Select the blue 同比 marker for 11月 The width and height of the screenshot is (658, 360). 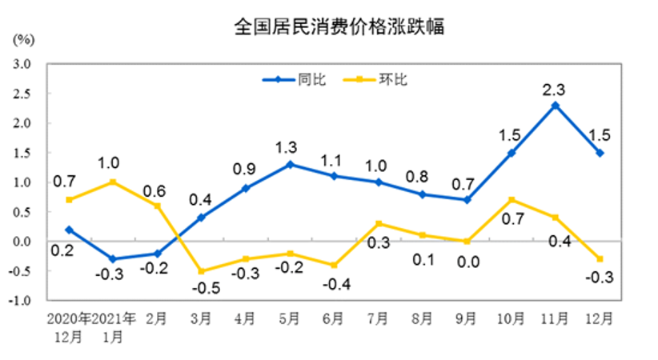pyautogui.click(x=556, y=105)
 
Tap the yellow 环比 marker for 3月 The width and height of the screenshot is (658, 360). pyautogui.click(x=200, y=271)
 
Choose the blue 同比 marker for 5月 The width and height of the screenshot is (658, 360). pyautogui.click(x=289, y=164)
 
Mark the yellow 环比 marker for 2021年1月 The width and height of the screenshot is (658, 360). pyautogui.click(x=113, y=182)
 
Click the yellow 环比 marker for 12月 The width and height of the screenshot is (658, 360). pyautogui.click(x=600, y=259)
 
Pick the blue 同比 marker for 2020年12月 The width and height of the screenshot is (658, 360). pyautogui.click(x=70, y=230)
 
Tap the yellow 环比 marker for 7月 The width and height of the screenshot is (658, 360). pyautogui.click(x=378, y=223)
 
